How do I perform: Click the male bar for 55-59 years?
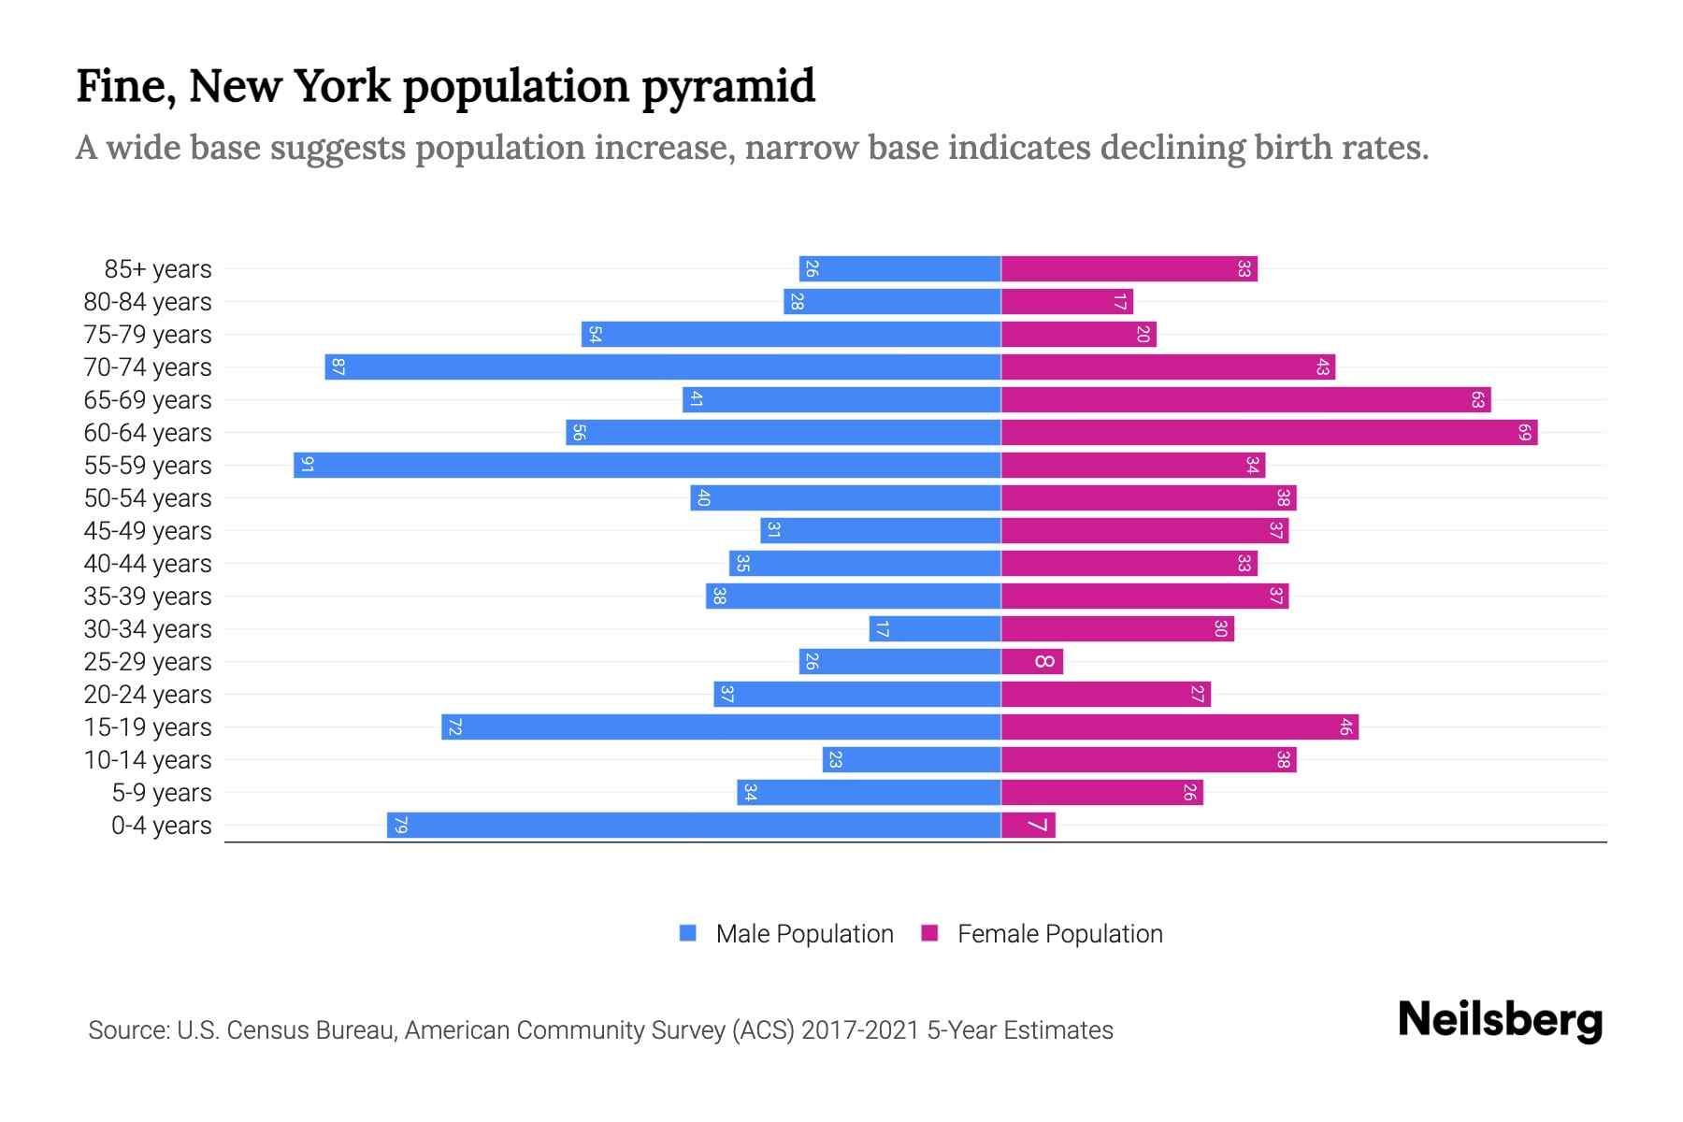tap(647, 465)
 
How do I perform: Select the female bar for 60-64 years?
tap(1269, 432)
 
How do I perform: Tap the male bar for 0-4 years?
tap(694, 825)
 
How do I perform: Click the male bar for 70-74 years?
tap(663, 367)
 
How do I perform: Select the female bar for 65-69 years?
tap(1245, 399)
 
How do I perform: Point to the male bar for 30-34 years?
tap(935, 628)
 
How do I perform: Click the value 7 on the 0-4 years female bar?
tap(1037, 825)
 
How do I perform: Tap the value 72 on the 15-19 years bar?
tap(454, 726)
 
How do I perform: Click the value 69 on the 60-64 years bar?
tap(1525, 432)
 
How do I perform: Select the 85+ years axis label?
tap(158, 269)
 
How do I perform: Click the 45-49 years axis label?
tap(148, 531)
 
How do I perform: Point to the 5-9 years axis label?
tap(162, 793)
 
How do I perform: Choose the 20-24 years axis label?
tap(148, 695)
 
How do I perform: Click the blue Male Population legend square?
tap(688, 933)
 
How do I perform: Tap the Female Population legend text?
tap(1059, 933)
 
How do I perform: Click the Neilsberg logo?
tap(1500, 1019)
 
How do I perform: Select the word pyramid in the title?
tap(728, 86)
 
